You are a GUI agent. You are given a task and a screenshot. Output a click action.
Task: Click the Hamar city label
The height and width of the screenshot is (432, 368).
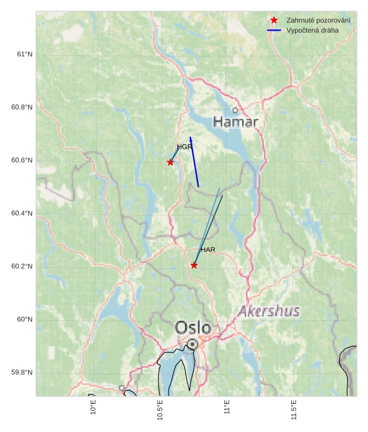[236, 121]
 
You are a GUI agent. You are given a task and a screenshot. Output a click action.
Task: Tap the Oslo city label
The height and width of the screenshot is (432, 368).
[193, 328]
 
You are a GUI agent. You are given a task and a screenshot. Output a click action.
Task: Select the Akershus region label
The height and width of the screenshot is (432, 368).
[269, 311]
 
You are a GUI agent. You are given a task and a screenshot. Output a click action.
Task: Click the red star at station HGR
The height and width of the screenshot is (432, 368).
[171, 163]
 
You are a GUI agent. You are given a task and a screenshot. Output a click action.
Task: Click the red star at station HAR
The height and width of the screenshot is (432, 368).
[194, 265]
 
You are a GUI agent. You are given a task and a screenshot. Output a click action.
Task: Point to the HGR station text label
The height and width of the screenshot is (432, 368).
[184, 147]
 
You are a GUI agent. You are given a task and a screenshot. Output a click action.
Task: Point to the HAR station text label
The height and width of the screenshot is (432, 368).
[208, 249]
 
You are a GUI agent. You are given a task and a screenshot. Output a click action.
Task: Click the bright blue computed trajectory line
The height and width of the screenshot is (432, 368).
[194, 162]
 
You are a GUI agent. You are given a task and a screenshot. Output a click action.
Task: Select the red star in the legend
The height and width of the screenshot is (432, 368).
[274, 21]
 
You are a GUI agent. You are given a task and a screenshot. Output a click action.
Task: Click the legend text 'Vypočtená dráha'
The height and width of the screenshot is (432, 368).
[312, 30]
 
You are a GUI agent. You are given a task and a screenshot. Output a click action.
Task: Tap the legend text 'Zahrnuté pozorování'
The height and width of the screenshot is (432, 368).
[318, 21]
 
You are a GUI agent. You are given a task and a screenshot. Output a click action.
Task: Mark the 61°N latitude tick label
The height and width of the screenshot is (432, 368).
[24, 54]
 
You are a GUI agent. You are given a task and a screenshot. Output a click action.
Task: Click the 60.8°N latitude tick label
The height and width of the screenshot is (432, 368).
[22, 108]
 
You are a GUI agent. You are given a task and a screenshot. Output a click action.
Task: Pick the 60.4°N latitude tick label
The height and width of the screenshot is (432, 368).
[22, 214]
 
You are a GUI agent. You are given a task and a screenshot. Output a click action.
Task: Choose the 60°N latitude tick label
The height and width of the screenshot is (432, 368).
[24, 319]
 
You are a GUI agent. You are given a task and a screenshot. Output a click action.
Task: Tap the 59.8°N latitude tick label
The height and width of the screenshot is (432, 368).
[22, 373]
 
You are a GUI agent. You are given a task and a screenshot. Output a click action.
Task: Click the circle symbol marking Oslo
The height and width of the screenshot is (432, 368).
[193, 344]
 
